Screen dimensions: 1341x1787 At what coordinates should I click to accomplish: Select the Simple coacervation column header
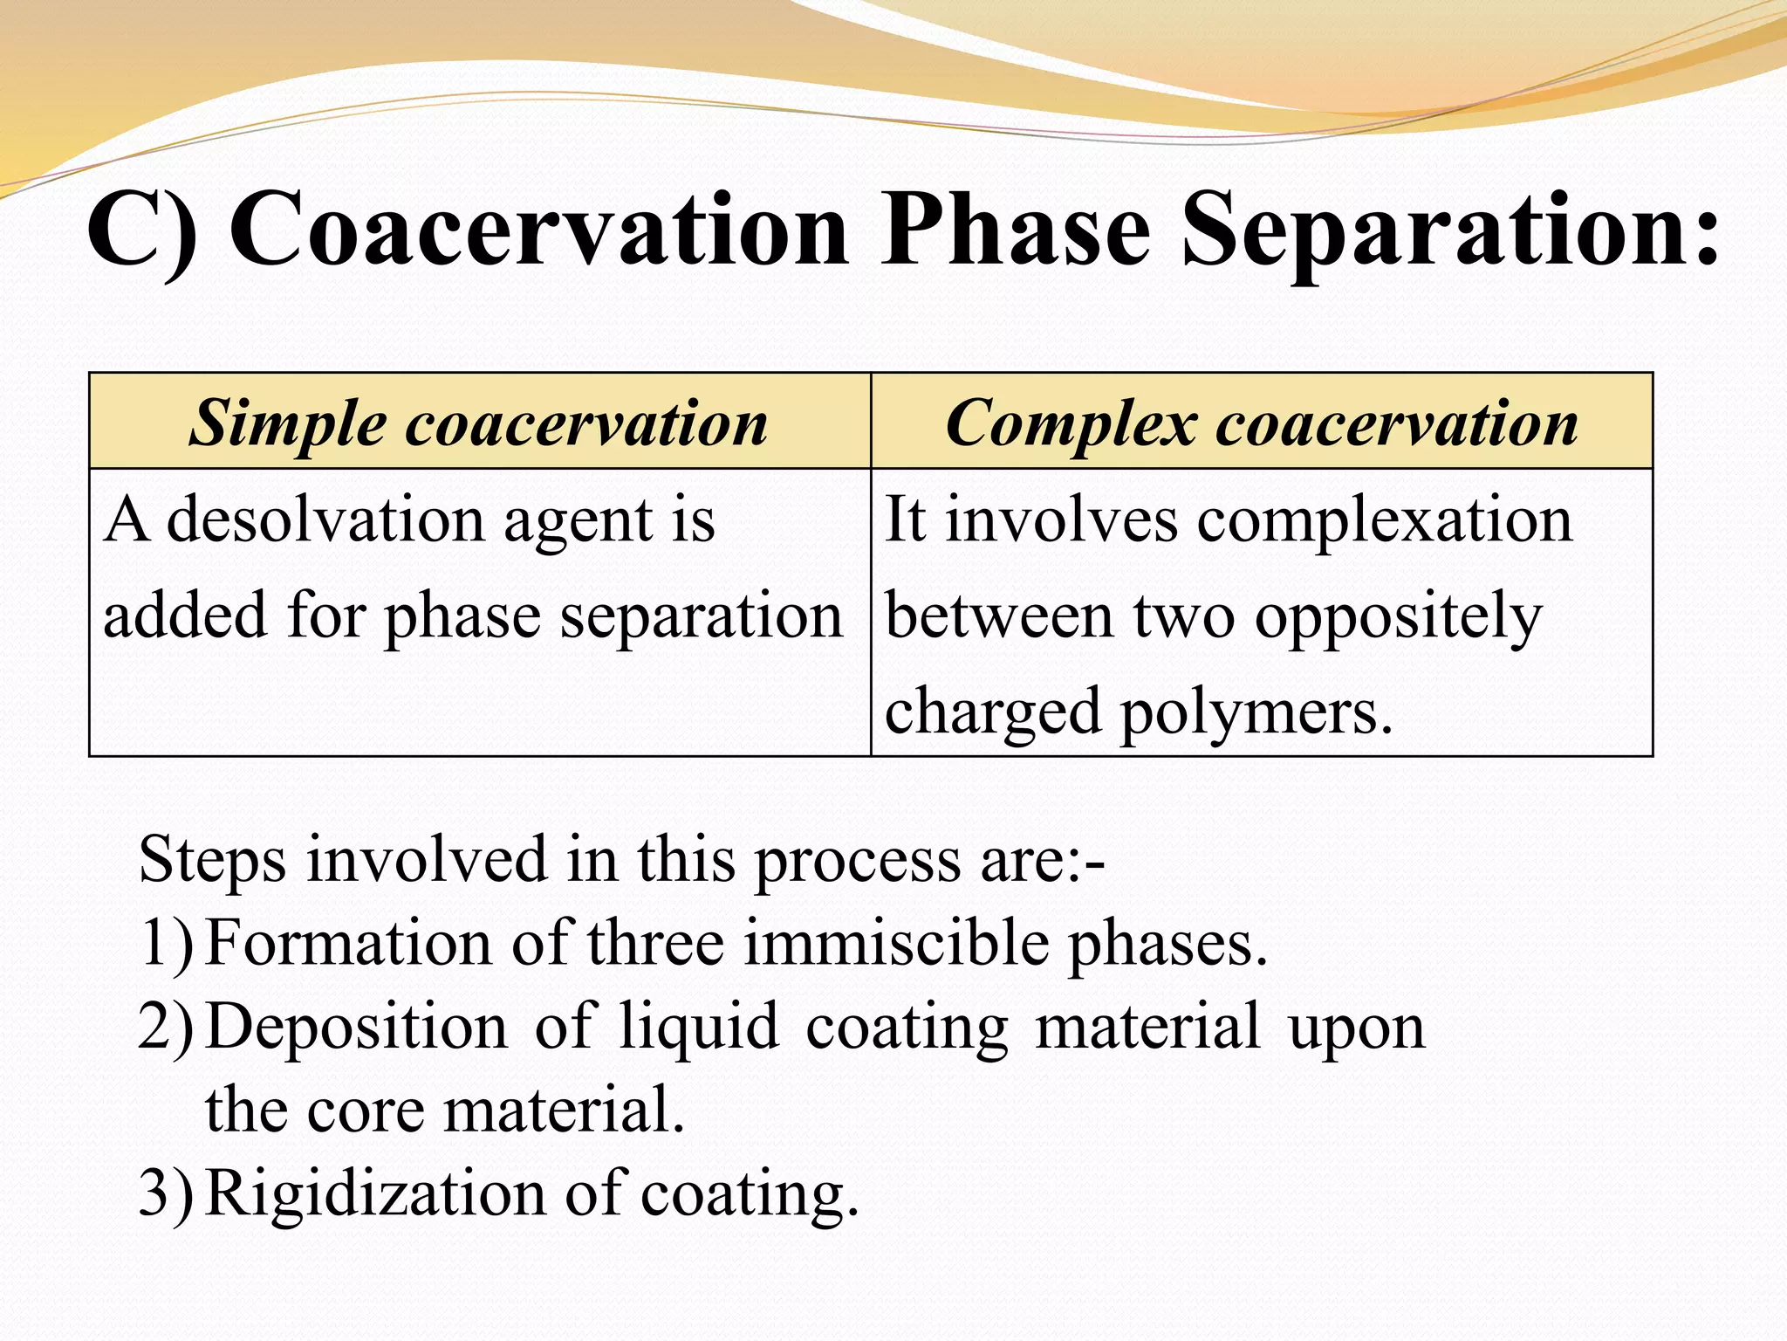coord(479,423)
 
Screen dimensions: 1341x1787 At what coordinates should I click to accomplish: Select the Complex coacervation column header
coord(1262,423)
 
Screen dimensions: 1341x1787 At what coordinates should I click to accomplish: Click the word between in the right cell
coord(999,616)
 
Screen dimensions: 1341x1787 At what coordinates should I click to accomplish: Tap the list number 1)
coord(165,944)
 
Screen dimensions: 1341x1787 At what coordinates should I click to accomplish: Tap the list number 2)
coord(165,1027)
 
